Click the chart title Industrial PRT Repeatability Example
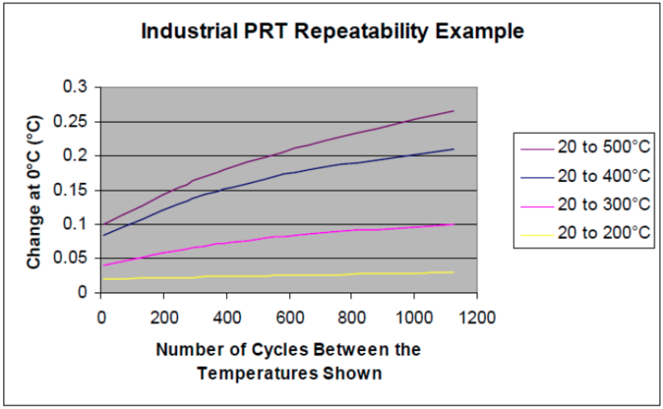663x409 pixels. tap(331, 33)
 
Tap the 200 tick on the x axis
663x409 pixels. tap(164, 316)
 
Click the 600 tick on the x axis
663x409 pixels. tap(289, 316)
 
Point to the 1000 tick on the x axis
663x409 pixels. tap(414, 316)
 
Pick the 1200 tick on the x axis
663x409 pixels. tap(477, 316)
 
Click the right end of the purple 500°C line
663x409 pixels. tap(453, 110)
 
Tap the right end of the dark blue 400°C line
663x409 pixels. tap(453, 149)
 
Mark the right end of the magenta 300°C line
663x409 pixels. tap(453, 223)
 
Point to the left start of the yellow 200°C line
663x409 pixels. tap(104, 279)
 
